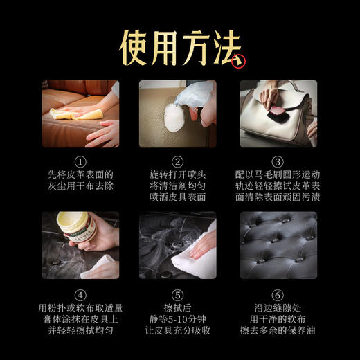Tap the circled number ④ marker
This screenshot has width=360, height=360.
(x=80, y=292)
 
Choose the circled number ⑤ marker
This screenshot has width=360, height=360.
(x=178, y=292)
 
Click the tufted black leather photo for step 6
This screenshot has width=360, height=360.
(x=277, y=245)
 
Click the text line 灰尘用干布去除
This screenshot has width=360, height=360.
(x=80, y=186)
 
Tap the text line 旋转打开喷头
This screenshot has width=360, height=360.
(x=178, y=174)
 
